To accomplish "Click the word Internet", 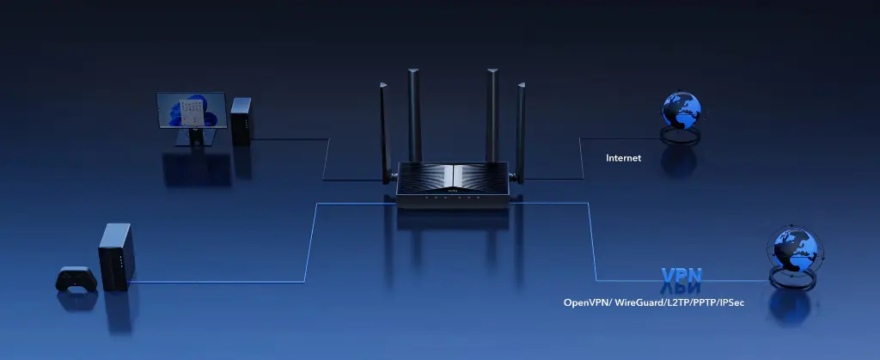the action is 623,158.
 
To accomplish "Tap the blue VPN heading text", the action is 681,275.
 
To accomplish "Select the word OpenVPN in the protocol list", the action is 586,302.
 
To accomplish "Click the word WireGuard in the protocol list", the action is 639,302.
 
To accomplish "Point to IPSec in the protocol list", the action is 731,302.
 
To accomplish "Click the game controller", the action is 76,278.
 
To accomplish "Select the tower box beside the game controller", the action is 117,257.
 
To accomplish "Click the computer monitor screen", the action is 192,111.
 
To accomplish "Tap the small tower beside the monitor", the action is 241,121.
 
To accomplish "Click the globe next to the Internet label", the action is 681,110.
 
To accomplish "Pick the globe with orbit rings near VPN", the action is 795,250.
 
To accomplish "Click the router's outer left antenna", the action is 385,133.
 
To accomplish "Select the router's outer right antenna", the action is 520,133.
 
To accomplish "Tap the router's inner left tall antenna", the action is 415,115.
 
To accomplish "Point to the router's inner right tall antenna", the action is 492,115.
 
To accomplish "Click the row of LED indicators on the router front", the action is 453,198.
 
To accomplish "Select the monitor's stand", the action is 195,137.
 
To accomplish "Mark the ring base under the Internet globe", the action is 681,137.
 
